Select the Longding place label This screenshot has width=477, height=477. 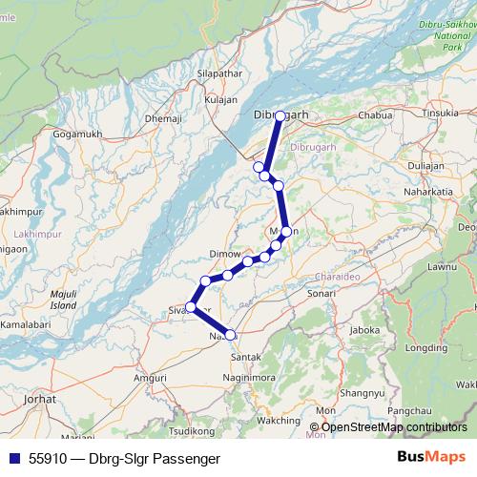426,348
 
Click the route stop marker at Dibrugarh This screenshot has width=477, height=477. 280,115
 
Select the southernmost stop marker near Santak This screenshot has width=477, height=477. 230,335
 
